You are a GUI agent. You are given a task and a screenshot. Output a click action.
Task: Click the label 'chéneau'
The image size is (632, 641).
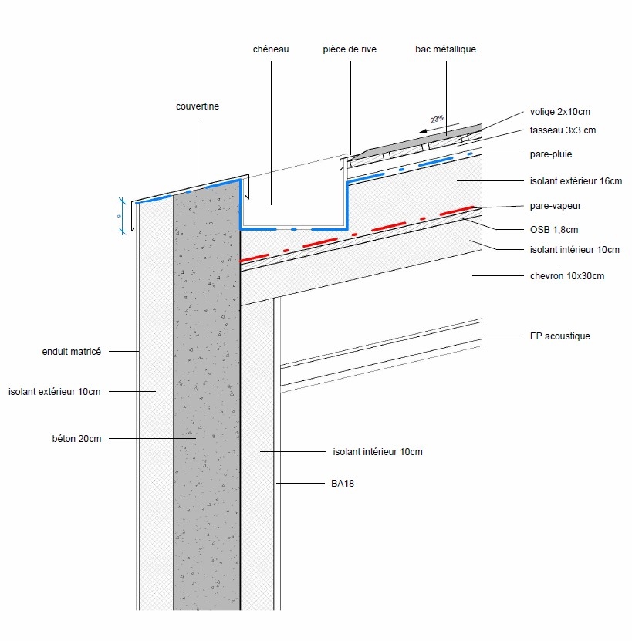pyautogui.click(x=271, y=49)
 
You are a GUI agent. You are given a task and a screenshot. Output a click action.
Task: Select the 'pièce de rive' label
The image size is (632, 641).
pyautogui.click(x=350, y=49)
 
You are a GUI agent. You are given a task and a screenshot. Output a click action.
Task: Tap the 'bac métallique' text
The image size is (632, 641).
pyautogui.click(x=445, y=49)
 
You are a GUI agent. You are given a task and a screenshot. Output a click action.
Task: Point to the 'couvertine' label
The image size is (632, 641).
pyautogui.click(x=198, y=106)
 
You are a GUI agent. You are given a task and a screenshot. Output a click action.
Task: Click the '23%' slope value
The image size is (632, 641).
pyautogui.click(x=438, y=120)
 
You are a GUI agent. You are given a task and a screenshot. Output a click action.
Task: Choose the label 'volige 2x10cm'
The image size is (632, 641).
pyautogui.click(x=560, y=112)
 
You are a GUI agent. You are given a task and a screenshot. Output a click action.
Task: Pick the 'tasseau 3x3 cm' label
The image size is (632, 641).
pyautogui.click(x=563, y=130)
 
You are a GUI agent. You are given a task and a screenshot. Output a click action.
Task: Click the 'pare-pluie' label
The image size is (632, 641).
pyautogui.click(x=551, y=154)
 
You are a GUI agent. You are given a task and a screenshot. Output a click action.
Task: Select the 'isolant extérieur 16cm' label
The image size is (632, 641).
pyautogui.click(x=576, y=181)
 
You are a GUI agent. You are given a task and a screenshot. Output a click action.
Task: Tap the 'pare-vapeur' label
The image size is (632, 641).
pyautogui.click(x=554, y=207)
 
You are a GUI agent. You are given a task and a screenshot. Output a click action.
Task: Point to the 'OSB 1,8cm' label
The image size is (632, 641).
pyautogui.click(x=554, y=229)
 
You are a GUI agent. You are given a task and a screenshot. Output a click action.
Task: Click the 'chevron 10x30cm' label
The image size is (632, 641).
pyautogui.click(x=567, y=275)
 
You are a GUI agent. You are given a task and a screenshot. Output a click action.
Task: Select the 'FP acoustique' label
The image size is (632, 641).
pyautogui.click(x=560, y=336)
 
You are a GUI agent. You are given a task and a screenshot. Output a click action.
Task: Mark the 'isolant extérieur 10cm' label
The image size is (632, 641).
pyautogui.click(x=55, y=392)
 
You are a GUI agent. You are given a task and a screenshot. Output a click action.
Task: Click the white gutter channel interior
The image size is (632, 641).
pyautogui.click(x=293, y=204)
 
